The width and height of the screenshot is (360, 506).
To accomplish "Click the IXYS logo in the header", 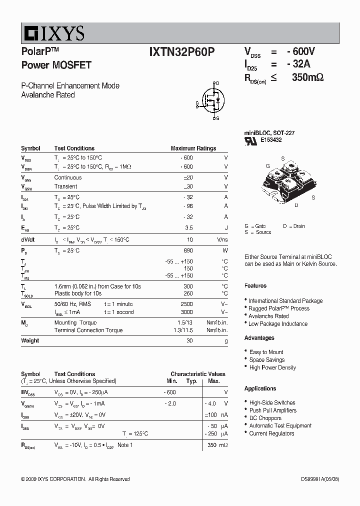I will tap(53, 33).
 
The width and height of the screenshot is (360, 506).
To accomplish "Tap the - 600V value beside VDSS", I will tap(300, 51).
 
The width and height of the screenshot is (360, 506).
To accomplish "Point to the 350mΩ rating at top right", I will tap(307, 77).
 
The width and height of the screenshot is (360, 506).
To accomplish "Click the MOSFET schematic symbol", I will tap(211, 100).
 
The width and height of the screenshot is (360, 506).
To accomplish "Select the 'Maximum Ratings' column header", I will tap(193, 148).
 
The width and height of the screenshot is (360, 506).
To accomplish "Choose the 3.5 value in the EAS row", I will tap(188, 228).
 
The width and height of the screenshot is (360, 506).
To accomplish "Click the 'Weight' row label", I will tap(30, 340).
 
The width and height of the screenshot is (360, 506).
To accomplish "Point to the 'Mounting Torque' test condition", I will tap(75, 323).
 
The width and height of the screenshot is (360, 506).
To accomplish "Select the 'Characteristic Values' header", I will tap(197, 374).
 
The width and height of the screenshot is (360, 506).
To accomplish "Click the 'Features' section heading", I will tap(255, 286).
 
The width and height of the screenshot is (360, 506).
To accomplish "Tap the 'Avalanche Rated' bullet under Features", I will tap(268, 316).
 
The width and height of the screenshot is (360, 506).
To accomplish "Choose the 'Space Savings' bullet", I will tap(267, 360).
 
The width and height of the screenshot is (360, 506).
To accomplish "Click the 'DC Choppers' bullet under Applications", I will tap(265, 418).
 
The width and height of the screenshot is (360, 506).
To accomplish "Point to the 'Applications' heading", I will tap(260, 388).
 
